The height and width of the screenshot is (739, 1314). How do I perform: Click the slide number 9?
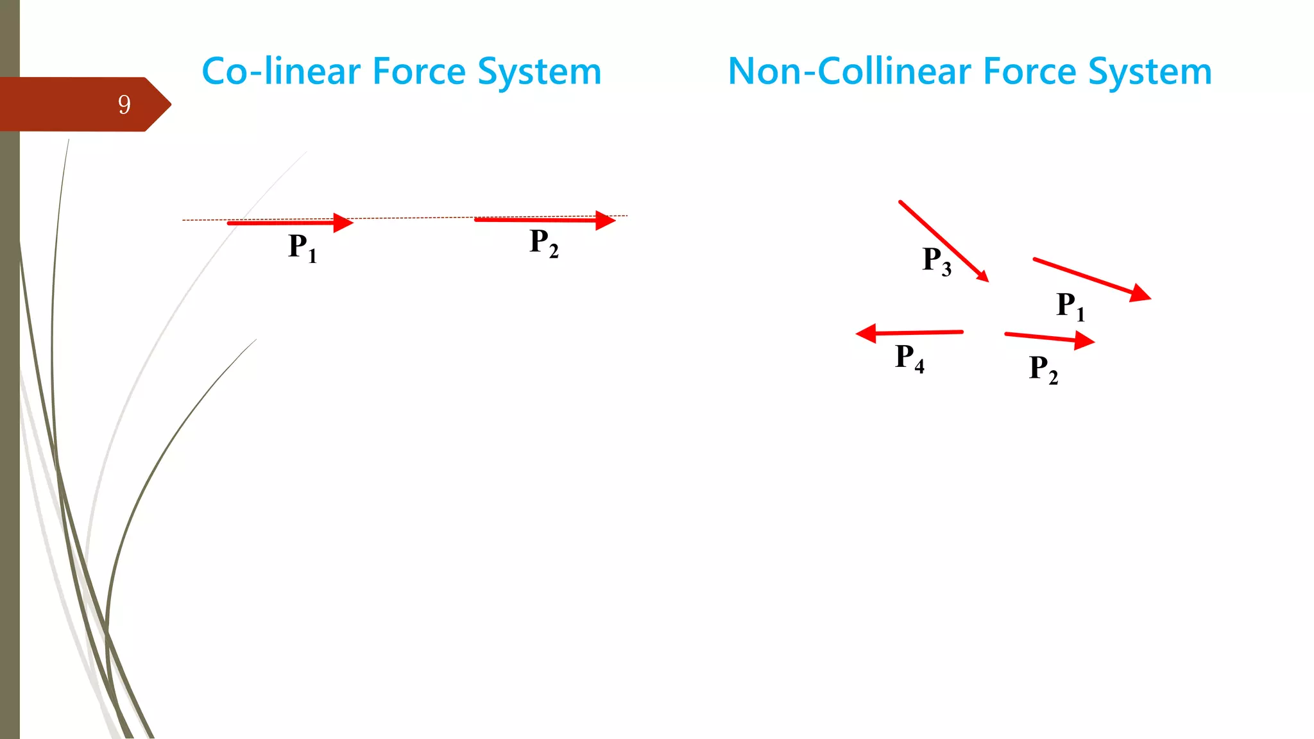(x=124, y=105)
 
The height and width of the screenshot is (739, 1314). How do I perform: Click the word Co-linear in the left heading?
(x=280, y=71)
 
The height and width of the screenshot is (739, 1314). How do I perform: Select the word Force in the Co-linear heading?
(x=418, y=71)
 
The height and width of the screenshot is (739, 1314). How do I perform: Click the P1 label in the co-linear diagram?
(x=302, y=248)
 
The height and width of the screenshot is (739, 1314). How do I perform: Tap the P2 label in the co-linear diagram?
(x=543, y=243)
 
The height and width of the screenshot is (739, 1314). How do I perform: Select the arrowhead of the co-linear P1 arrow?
(x=344, y=223)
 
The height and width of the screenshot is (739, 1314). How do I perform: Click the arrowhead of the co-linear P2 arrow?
(x=606, y=220)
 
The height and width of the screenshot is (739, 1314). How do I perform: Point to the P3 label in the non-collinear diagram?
(x=937, y=261)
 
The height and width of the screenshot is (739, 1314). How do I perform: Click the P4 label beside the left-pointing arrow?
(x=910, y=358)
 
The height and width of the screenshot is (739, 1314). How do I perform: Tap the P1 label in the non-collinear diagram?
(x=1070, y=306)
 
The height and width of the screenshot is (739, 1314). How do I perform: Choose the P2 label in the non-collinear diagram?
(x=1043, y=369)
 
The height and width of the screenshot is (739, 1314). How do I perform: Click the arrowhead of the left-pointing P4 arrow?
(x=866, y=334)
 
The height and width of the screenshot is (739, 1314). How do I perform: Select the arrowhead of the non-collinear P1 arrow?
(x=1141, y=294)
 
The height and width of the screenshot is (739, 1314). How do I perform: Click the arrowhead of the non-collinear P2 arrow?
(x=1084, y=340)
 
